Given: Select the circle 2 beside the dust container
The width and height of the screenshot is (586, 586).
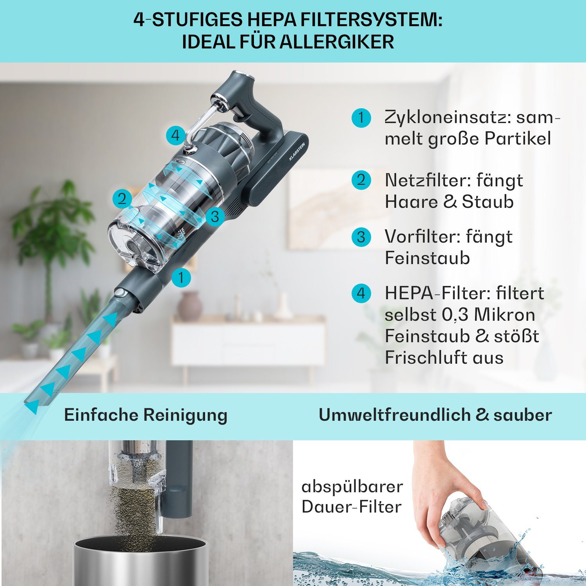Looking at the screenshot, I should (x=122, y=199).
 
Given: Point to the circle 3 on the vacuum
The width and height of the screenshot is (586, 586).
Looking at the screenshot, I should (x=215, y=216).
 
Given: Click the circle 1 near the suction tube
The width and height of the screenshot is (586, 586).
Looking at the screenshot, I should (x=181, y=277).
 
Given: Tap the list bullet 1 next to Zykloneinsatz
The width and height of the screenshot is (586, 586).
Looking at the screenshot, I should (x=361, y=118).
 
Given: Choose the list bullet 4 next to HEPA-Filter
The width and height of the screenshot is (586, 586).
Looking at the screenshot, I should (x=361, y=293).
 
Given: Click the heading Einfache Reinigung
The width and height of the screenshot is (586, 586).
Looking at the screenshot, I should (x=146, y=415).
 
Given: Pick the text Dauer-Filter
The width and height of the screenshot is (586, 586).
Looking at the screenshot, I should (x=352, y=507).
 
